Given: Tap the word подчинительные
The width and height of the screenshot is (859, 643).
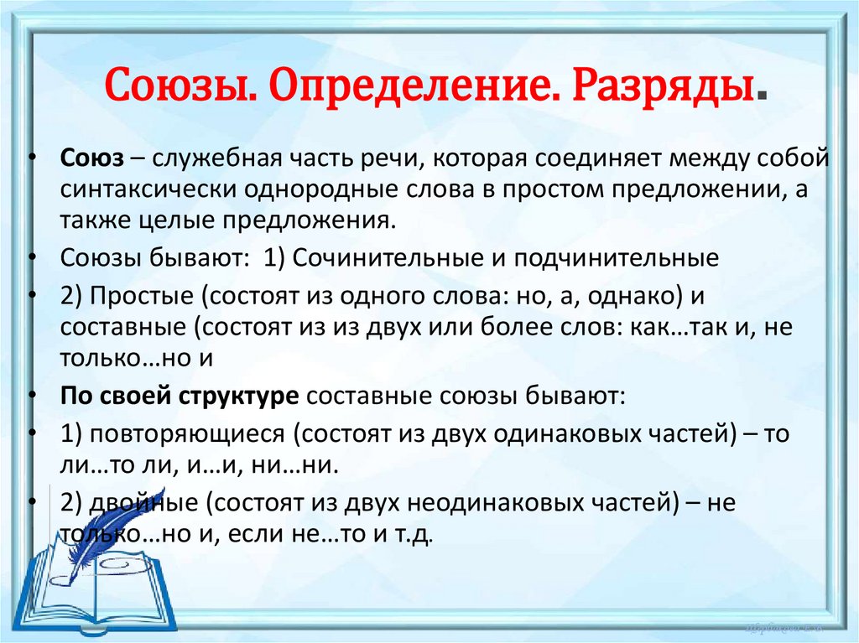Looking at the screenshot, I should [616, 258].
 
